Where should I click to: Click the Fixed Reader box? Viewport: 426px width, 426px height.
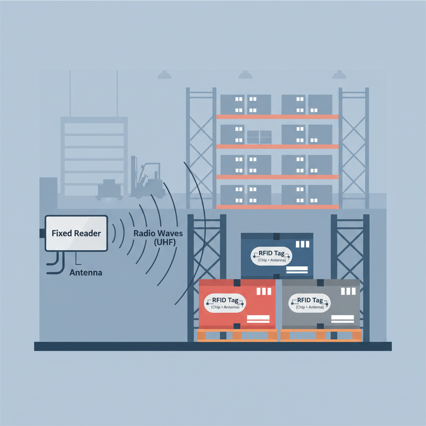click(76, 233)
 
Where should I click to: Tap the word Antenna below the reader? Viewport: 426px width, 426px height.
click(86, 273)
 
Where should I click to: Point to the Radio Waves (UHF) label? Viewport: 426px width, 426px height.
click(158, 237)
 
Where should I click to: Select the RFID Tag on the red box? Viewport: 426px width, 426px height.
click(225, 303)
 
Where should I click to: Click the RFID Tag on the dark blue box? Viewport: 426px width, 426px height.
click(272, 256)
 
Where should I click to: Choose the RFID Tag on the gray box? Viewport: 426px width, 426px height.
click(310, 303)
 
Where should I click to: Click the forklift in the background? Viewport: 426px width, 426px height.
click(148, 177)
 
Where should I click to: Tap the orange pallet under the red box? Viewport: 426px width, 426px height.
click(237, 335)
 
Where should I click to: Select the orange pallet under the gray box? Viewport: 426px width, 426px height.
click(321, 335)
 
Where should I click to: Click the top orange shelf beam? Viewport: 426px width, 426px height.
click(277, 117)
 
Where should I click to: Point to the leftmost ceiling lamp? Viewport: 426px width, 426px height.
click(165, 75)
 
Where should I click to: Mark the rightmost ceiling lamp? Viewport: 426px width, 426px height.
click(339, 75)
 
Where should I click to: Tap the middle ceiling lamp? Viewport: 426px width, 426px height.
click(245, 75)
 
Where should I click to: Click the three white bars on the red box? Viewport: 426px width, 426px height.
click(264, 291)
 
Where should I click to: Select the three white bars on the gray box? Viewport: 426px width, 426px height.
click(348, 291)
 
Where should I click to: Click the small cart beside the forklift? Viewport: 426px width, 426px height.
click(109, 190)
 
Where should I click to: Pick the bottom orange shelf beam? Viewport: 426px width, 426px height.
click(277, 207)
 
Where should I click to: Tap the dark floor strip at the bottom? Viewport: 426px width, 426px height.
click(212, 347)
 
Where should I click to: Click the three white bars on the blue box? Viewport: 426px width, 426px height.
click(302, 244)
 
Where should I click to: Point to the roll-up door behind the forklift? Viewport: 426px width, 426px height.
click(94, 156)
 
